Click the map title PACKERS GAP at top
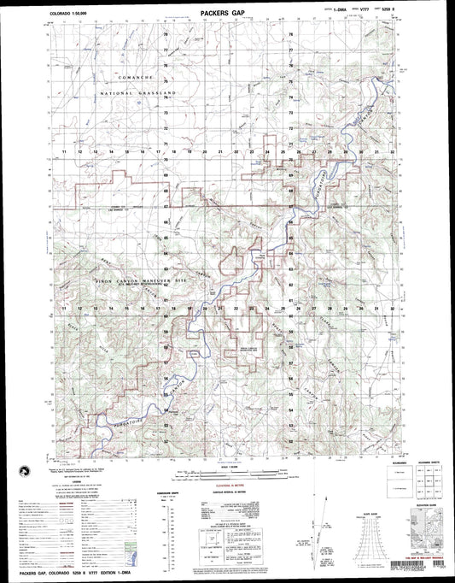(226, 15)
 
